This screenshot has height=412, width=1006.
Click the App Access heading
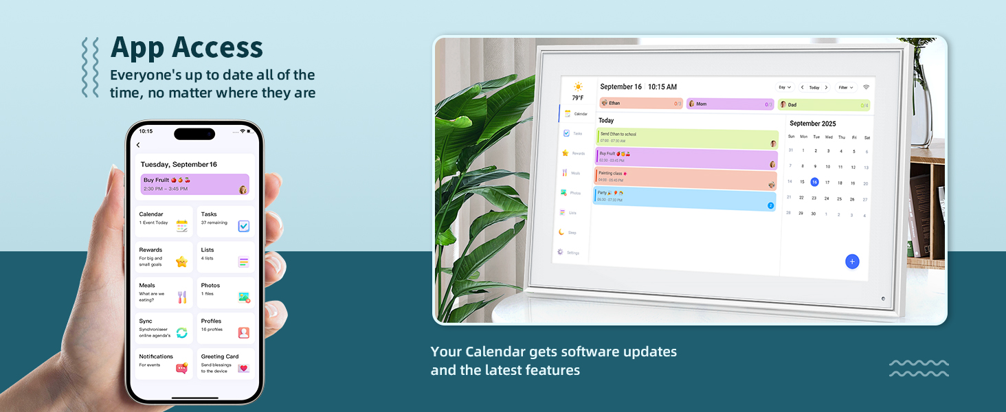(x=186, y=48)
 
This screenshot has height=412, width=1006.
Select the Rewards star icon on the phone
(x=181, y=262)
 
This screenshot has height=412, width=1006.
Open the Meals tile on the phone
(x=164, y=293)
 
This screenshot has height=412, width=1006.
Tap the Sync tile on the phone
(x=164, y=328)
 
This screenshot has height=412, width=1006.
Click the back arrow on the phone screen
(x=138, y=145)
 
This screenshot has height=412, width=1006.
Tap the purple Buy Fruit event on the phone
(x=194, y=184)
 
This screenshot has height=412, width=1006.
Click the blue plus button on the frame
(x=852, y=261)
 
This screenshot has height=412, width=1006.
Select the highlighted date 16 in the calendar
(x=814, y=182)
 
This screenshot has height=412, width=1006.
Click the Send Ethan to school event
(x=686, y=138)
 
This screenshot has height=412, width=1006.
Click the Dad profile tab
(x=824, y=104)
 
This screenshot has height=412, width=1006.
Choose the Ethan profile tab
(x=640, y=103)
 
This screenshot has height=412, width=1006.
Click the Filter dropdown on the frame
(x=845, y=87)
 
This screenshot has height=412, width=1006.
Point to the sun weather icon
(x=578, y=87)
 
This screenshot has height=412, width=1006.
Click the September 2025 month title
(x=813, y=124)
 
